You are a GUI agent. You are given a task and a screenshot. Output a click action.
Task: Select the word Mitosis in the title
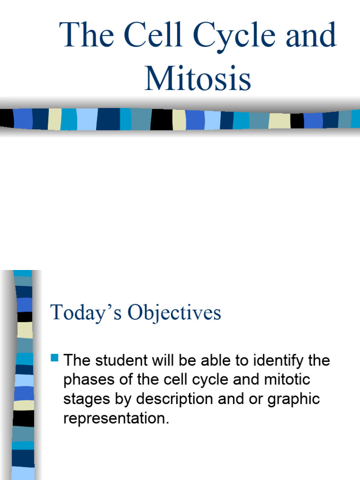pos(198,78)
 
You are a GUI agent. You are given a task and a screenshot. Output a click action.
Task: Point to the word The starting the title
pos(87,36)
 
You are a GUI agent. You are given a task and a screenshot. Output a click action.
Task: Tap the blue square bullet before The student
pos(54,359)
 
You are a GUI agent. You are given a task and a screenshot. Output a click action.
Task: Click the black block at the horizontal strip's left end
pos(6,119)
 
